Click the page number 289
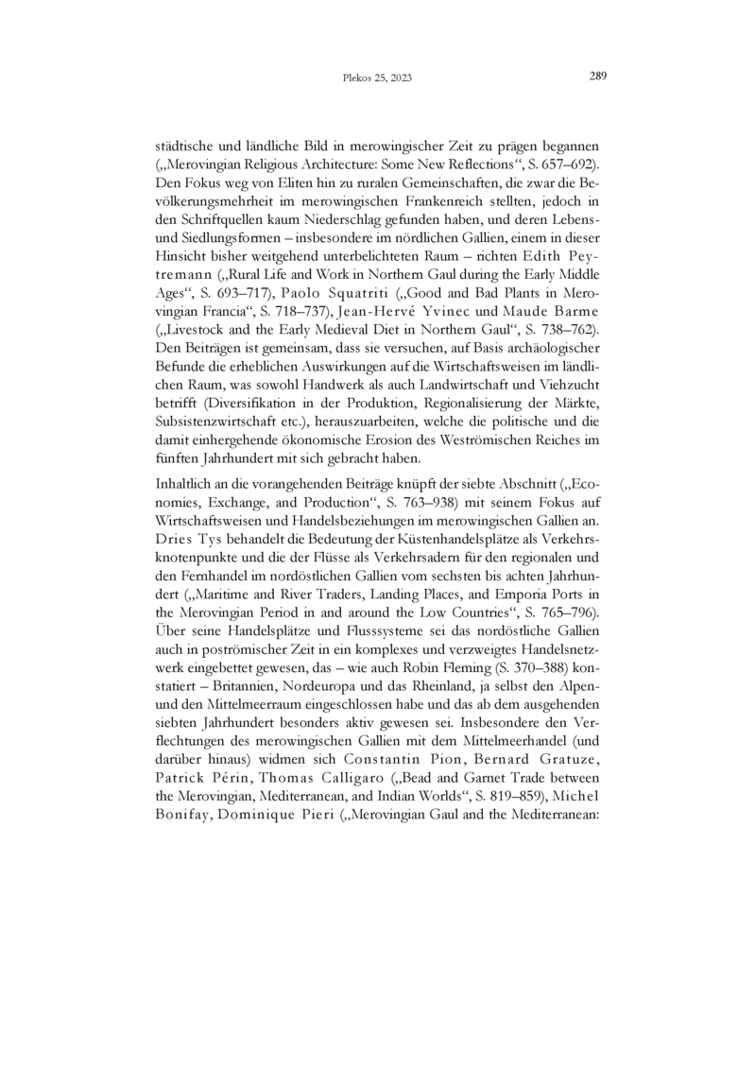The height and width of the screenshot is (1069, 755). pyautogui.click(x=597, y=77)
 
